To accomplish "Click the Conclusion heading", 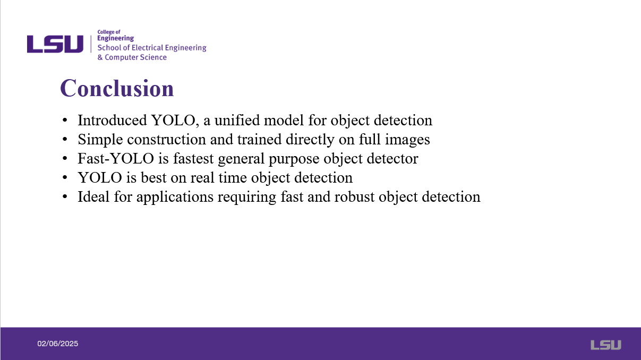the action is point(117,88).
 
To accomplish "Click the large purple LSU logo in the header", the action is point(55,44).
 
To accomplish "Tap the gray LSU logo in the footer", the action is point(606,345).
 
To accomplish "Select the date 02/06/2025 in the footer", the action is point(57,344).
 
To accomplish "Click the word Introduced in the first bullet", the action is point(112,120).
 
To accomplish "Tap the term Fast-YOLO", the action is point(116,158).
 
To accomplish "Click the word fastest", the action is point(193,158).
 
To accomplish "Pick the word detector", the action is point(392,158).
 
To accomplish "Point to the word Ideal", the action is point(93,196).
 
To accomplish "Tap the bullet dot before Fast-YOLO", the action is point(65,158).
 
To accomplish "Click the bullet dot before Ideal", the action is point(65,196).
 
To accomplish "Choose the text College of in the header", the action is point(109,32).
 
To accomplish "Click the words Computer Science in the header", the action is point(135,57).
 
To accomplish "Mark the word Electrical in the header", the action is point(147,47).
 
